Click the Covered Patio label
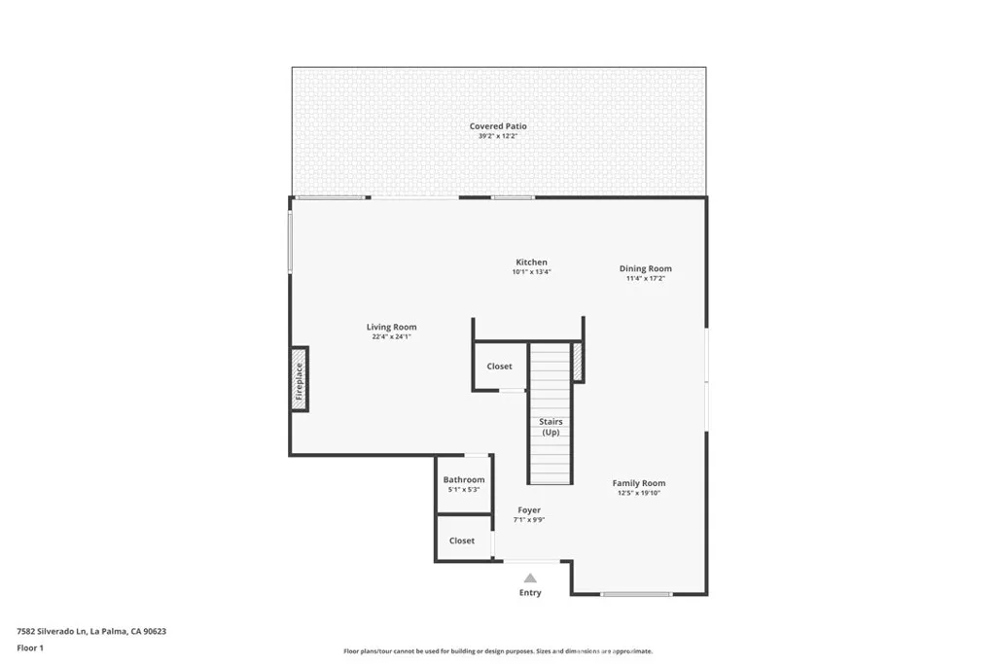(498, 126)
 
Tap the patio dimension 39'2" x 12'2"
(498, 137)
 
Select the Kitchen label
(531, 262)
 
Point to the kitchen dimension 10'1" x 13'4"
(531, 272)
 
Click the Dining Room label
(646, 269)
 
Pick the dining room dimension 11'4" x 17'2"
(646, 279)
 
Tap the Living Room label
(391, 328)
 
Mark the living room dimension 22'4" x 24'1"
(391, 337)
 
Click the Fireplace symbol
(300, 379)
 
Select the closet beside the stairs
(499, 367)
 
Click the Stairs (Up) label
(551, 427)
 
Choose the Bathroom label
(464, 480)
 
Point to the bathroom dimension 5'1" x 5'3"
(464, 490)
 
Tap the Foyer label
(529, 510)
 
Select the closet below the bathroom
(462, 541)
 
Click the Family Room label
(639, 483)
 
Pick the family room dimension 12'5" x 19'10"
(639, 493)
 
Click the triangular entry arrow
(530, 577)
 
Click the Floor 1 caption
(30, 647)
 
